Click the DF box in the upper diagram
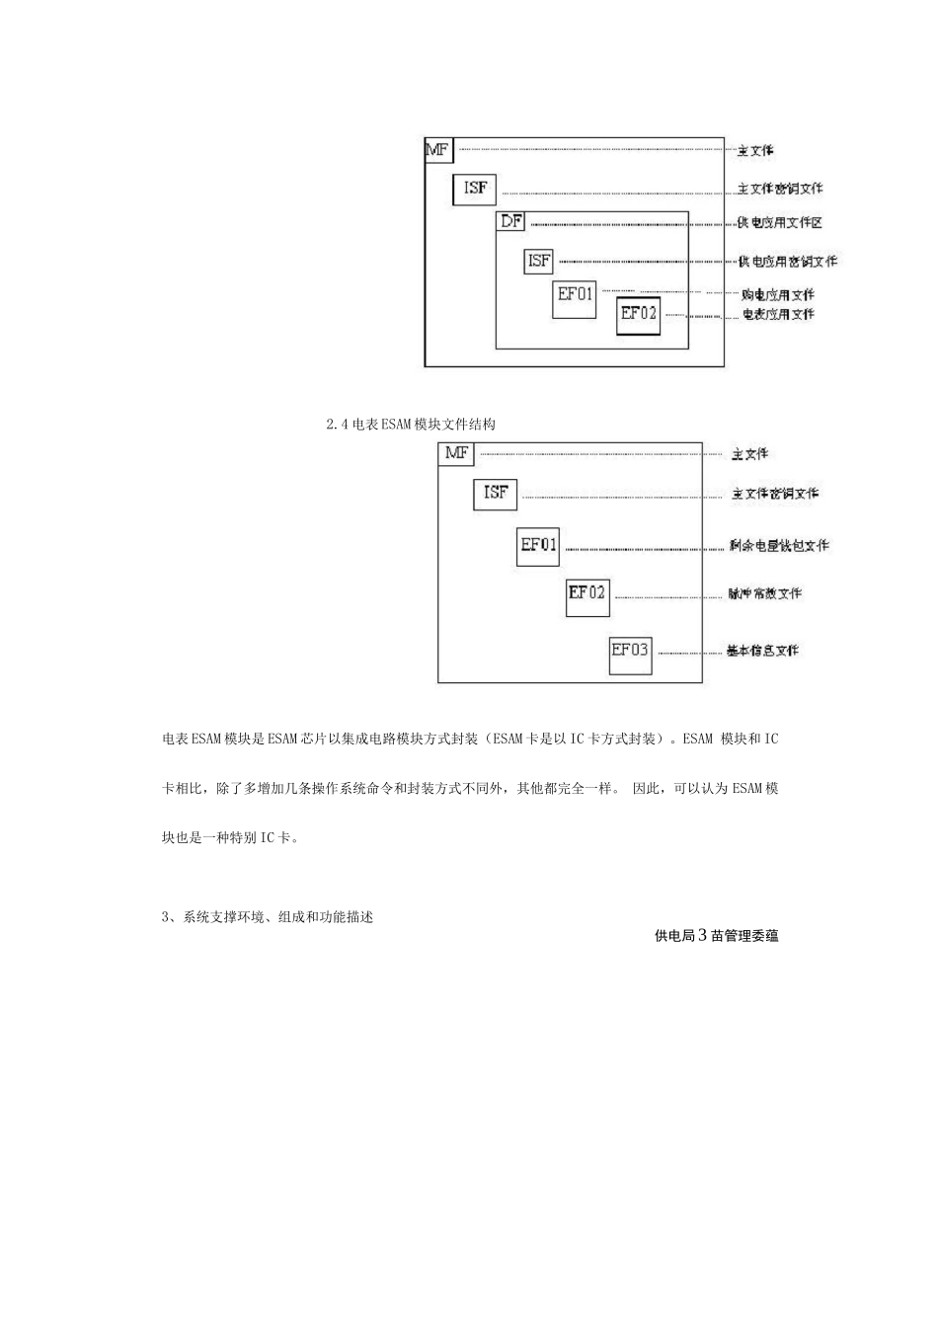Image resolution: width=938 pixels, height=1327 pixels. click(x=510, y=222)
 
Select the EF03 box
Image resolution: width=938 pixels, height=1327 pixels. click(x=630, y=653)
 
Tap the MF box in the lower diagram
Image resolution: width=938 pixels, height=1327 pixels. click(x=456, y=453)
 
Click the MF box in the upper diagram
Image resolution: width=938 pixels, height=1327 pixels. click(x=438, y=150)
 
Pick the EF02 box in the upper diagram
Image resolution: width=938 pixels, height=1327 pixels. click(x=638, y=315)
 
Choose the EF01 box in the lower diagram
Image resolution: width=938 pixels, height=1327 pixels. click(x=538, y=545)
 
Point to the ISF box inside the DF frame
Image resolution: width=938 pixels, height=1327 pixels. click(x=538, y=261)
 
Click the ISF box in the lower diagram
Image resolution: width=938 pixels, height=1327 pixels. click(x=495, y=493)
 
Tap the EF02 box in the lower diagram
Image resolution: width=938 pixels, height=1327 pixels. click(x=587, y=595)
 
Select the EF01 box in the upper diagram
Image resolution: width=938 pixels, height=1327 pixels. click(x=574, y=296)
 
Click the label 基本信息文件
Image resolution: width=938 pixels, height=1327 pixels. click(x=762, y=651)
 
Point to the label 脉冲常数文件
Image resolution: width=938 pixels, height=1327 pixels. click(x=764, y=593)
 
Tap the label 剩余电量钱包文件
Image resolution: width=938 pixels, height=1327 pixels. click(x=778, y=545)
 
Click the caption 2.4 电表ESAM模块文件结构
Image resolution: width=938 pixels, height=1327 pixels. click(x=410, y=425)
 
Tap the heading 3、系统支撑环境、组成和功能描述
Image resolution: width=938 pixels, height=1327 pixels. click(x=268, y=917)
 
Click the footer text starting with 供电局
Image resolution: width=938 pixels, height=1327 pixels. click(x=716, y=935)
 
